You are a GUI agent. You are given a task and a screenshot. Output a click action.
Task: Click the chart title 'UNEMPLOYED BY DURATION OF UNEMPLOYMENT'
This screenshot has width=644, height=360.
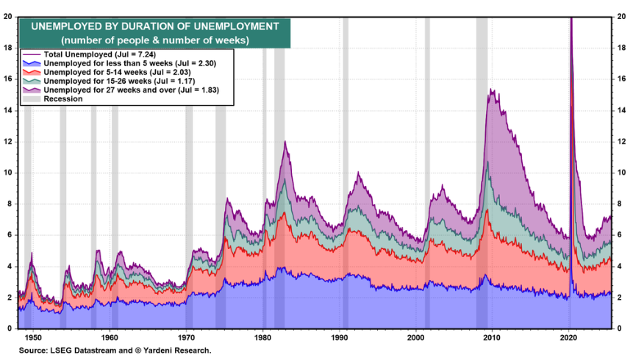point(155,26)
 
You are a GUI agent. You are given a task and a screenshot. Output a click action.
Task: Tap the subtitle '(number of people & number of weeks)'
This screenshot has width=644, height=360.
point(155,39)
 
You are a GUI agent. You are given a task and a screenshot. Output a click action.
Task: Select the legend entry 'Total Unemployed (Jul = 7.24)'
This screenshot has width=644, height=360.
point(96,55)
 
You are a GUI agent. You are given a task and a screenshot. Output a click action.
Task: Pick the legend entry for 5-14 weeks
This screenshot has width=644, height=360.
point(118,73)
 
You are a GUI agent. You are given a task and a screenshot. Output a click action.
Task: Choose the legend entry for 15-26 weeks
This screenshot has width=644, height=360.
point(119,82)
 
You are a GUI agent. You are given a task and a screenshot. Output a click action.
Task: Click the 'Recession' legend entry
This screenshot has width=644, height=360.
point(62,98)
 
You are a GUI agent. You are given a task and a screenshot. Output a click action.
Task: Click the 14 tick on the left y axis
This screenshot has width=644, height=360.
point(7,110)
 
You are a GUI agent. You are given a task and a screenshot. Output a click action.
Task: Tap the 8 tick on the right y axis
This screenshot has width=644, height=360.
point(622,204)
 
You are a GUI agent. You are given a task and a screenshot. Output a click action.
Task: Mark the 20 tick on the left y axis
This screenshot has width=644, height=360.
point(7,16)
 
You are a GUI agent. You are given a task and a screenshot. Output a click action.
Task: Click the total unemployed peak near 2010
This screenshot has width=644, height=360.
point(491,90)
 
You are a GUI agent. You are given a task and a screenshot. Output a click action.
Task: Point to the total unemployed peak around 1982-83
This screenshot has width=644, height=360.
point(285,141)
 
